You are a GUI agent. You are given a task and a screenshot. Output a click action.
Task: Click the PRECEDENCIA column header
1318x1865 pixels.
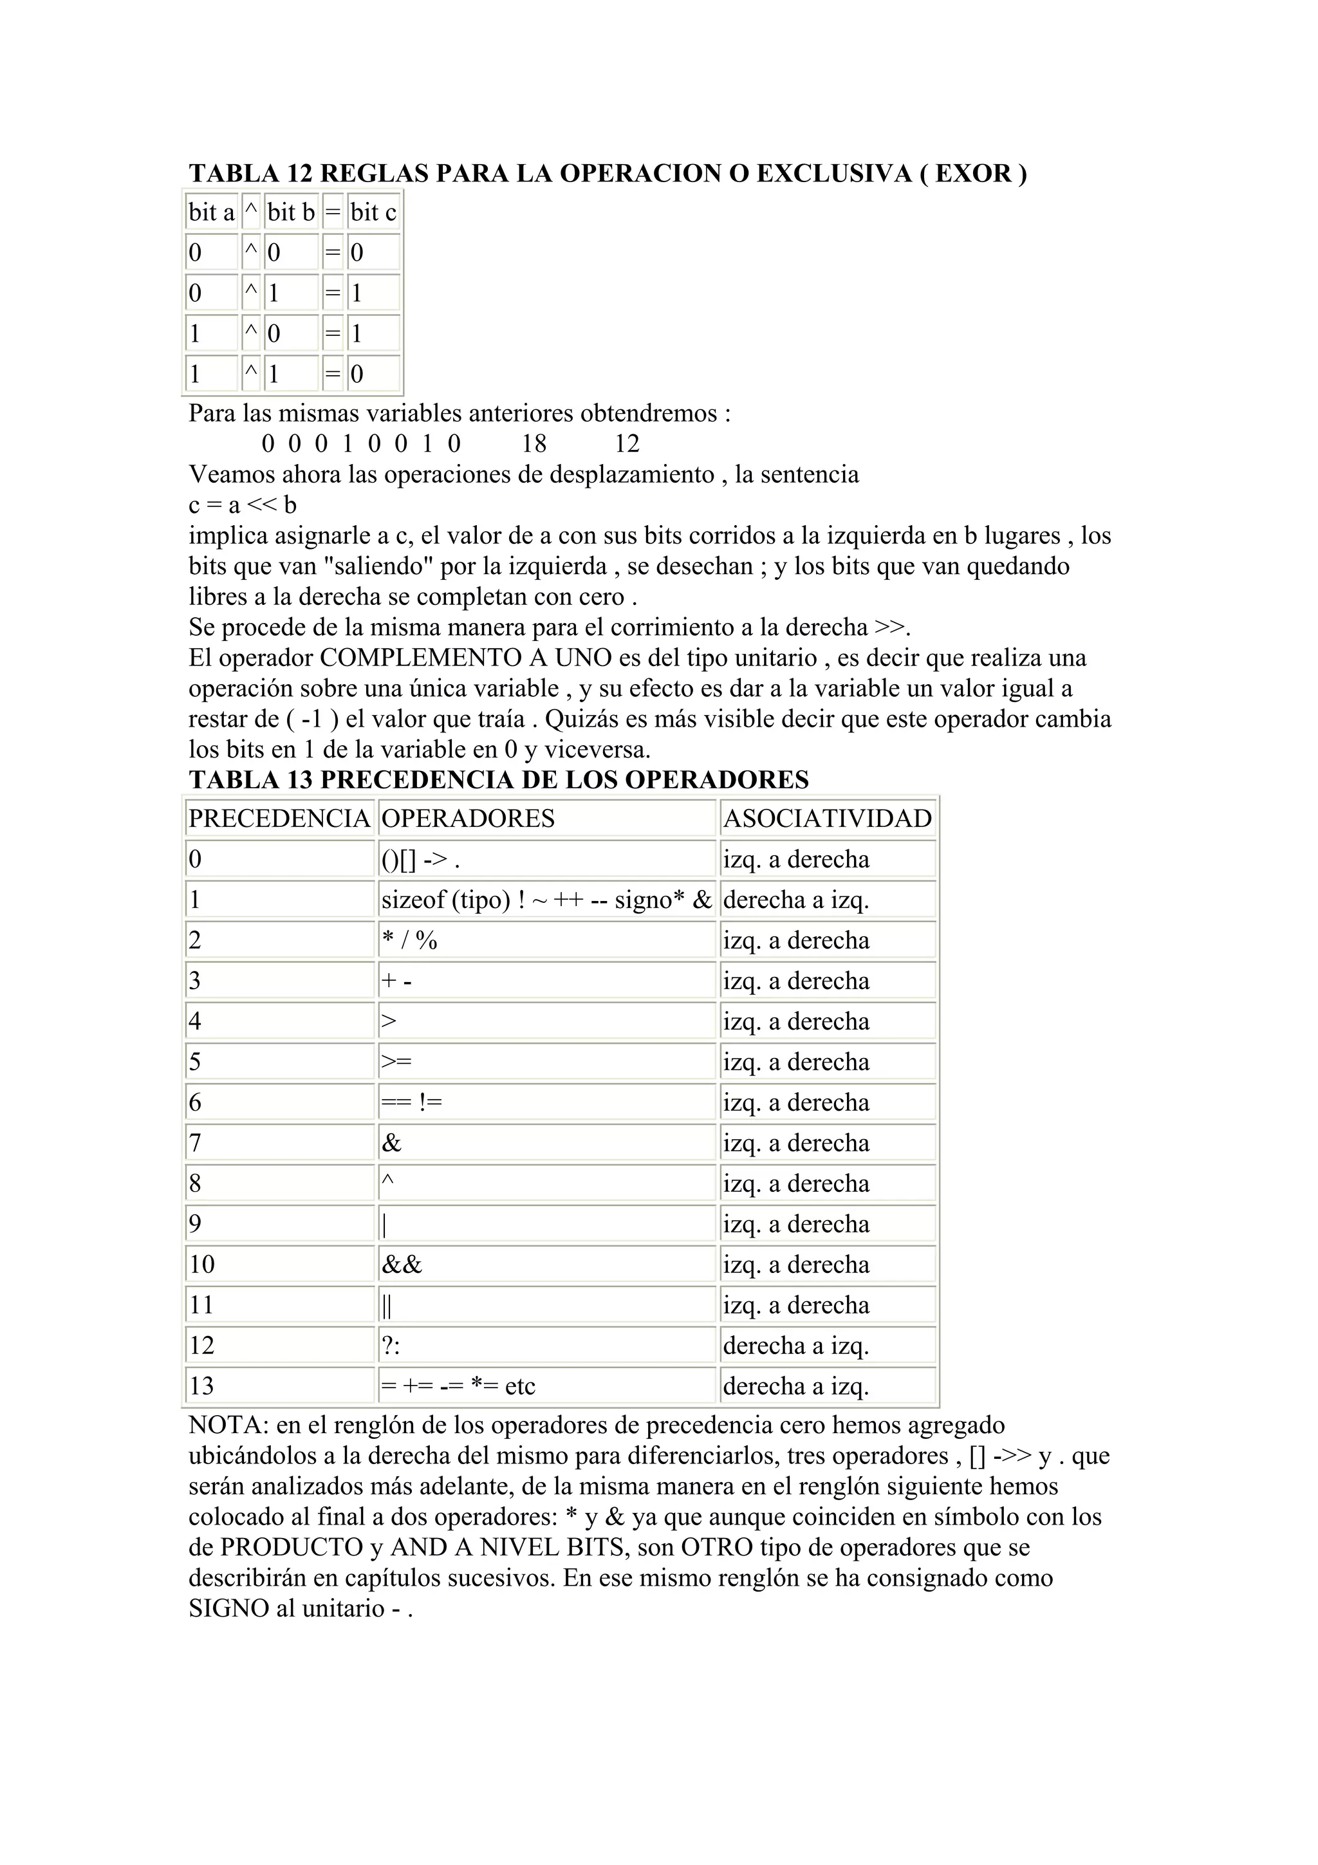pos(279,818)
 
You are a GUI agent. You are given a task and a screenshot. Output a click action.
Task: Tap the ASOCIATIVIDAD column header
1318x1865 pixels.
pos(827,818)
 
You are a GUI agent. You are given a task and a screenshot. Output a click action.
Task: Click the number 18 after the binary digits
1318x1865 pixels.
pos(534,443)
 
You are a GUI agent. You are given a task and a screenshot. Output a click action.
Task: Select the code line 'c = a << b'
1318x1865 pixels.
pos(242,505)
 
